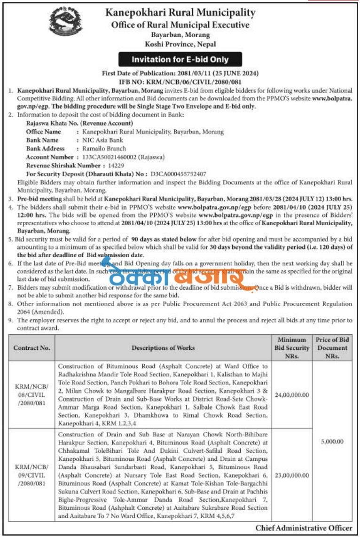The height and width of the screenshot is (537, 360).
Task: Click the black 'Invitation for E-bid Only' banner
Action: pos(180,60)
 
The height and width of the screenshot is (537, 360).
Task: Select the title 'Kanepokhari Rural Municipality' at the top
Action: pos(180,13)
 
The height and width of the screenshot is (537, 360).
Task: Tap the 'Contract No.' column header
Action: pos(31,348)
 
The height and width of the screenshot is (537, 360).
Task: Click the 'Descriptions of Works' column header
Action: pos(163,348)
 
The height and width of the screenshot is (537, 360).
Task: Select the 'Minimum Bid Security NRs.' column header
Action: pos(292,348)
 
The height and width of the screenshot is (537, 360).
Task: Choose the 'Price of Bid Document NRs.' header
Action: pos(332,348)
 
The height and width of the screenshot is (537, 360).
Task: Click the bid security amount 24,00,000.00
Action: pos(292,395)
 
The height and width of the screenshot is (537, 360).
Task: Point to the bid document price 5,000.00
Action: pos(332,442)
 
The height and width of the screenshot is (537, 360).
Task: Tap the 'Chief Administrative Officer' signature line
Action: pos(304,528)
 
